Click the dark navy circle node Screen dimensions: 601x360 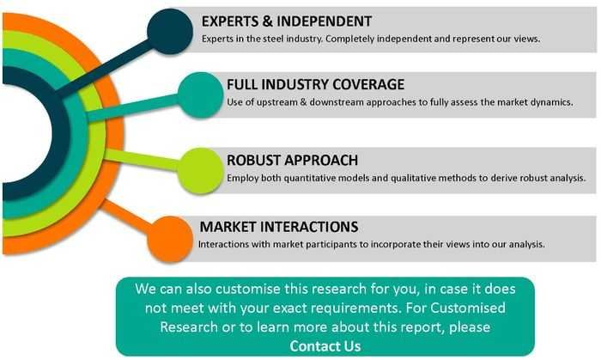[x=170, y=31]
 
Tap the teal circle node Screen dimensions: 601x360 [x=200, y=95]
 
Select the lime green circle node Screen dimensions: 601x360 [x=200, y=171]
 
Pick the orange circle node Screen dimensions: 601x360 [x=170, y=239]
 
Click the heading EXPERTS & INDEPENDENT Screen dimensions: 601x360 [x=287, y=21]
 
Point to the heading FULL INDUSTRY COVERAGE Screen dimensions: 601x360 [x=315, y=84]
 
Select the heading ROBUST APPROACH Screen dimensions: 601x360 [x=293, y=161]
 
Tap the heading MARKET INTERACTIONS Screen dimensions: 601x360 [x=279, y=227]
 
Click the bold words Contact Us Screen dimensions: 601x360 [x=325, y=346]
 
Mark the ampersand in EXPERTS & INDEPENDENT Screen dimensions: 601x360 [x=268, y=21]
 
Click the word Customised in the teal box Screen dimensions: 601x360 [x=468, y=308]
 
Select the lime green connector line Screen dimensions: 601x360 [x=143, y=160]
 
